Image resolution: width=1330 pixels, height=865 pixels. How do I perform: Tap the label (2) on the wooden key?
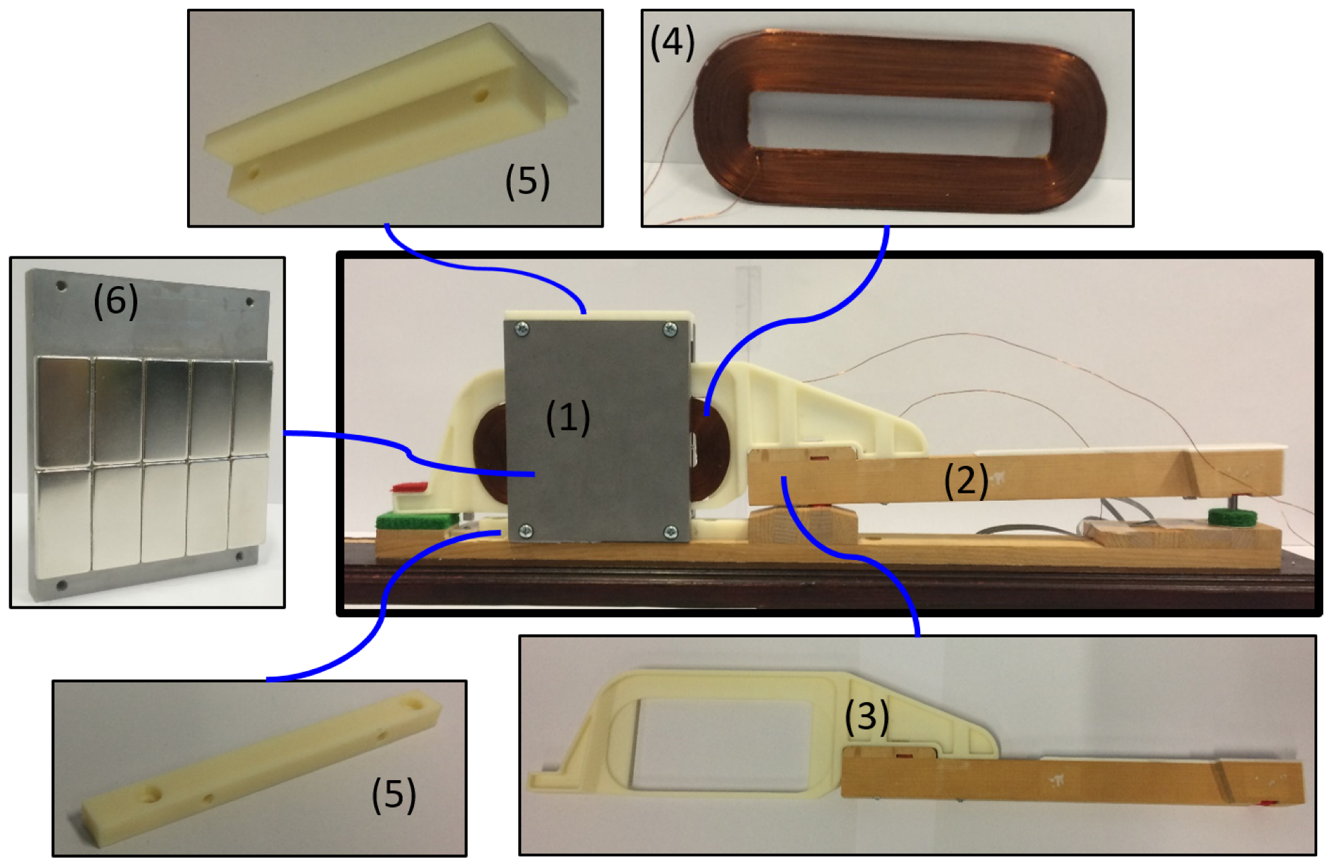click(x=966, y=481)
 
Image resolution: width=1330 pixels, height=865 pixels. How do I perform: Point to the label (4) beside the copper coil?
click(x=672, y=44)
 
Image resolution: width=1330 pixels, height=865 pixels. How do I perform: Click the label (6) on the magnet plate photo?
click(x=116, y=300)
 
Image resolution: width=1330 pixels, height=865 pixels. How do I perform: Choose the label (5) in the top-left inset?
click(x=528, y=182)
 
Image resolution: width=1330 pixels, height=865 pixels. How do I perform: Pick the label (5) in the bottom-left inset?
click(x=394, y=795)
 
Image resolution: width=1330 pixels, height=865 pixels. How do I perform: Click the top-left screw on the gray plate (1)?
click(x=521, y=329)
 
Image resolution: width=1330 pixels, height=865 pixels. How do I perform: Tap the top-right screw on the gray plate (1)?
click(x=670, y=329)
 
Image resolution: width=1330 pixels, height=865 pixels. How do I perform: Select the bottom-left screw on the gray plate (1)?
click(x=526, y=532)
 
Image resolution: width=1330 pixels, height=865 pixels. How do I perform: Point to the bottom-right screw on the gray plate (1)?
click(x=671, y=532)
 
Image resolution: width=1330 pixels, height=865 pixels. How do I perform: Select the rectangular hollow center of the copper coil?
click(x=900, y=126)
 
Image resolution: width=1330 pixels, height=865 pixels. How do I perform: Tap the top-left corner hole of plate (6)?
click(x=61, y=286)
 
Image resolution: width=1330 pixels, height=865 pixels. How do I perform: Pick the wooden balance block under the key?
click(x=802, y=523)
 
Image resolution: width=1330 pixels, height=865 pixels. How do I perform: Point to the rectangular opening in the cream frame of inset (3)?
click(x=734, y=746)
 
